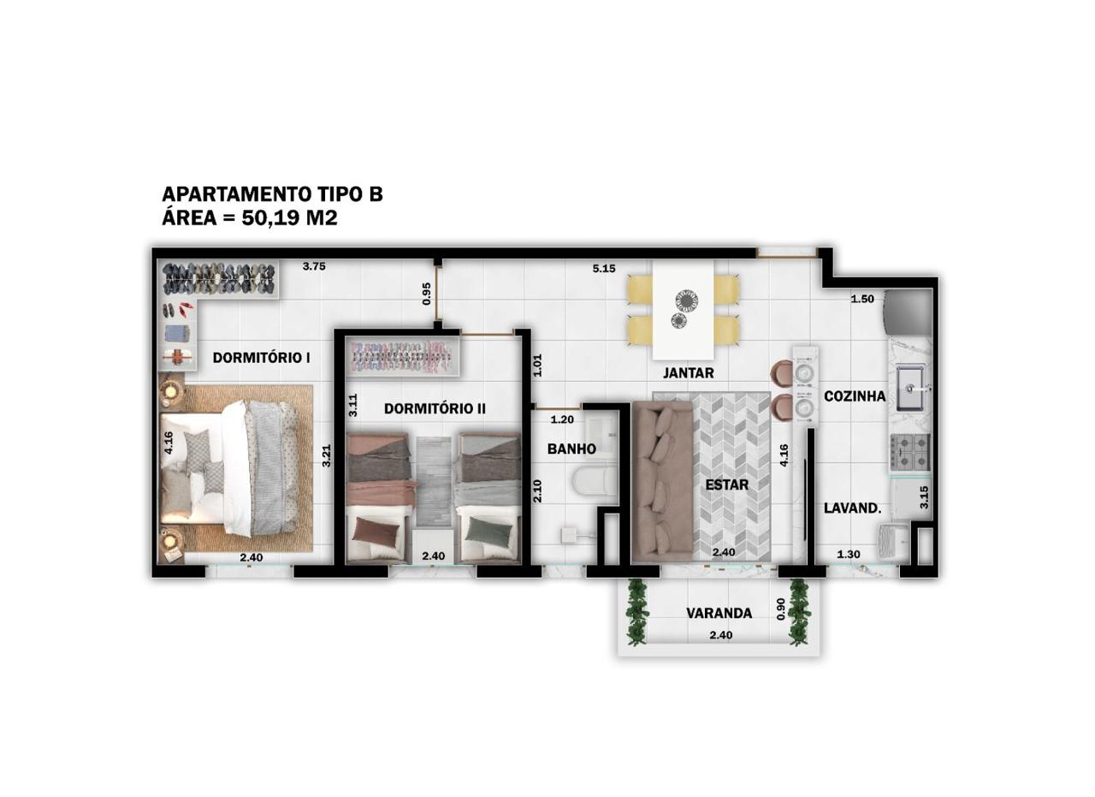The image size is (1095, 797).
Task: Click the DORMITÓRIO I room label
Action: click(262, 358)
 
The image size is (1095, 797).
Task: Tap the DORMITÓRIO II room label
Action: click(435, 408)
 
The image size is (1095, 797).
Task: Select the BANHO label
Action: click(571, 449)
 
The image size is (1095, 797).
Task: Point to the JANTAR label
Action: click(689, 372)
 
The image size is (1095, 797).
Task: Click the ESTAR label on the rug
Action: click(727, 485)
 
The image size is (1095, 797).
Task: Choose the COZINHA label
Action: click(855, 396)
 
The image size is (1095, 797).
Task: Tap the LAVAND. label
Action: click(853, 509)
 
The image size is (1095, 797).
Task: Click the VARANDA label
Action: click(719, 613)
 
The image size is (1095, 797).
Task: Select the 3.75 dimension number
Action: click(314, 266)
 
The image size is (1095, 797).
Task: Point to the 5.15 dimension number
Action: click(604, 269)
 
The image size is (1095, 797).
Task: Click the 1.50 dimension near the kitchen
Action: click(862, 299)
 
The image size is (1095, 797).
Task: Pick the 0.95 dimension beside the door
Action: click(427, 294)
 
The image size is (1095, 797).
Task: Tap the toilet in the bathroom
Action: click(594, 483)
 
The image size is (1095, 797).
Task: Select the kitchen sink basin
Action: click(909, 388)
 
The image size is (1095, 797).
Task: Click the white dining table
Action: click(683, 309)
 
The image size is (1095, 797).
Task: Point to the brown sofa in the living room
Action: click(662, 481)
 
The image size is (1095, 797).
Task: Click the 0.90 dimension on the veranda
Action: click(781, 610)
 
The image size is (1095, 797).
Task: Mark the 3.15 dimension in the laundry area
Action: click(924, 497)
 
